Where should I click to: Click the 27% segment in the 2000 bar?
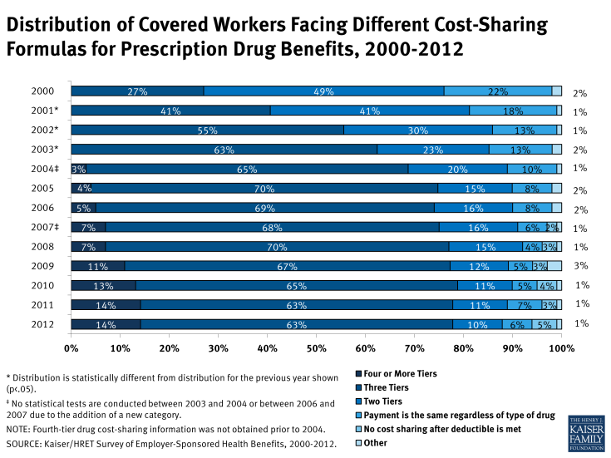pos(137,91)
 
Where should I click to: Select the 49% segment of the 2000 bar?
pos(324,91)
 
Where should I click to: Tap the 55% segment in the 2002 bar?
pos(207,130)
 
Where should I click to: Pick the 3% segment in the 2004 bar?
pos(78,169)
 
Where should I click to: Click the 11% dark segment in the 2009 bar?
pos(98,266)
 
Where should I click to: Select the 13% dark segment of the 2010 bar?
pos(103,285)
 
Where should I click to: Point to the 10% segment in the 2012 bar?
pos(478,324)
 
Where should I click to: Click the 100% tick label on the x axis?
pos(561,347)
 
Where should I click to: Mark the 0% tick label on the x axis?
pos(71,347)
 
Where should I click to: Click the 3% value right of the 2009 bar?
pos(581,266)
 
